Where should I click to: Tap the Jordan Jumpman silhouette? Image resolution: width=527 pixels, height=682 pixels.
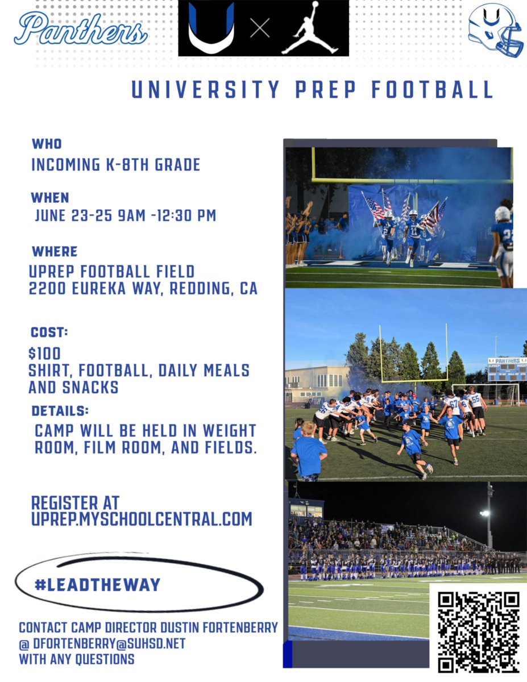point(310,28)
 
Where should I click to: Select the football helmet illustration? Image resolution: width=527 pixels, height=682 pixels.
point(495,30)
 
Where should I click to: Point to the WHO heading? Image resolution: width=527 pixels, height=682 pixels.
point(47,144)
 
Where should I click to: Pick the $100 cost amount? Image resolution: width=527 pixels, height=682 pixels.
point(44,354)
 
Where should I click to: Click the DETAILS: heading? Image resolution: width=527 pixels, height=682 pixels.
point(60,410)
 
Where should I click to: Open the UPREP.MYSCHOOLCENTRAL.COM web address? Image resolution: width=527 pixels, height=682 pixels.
point(142,519)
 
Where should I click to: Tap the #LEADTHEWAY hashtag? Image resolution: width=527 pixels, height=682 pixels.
point(98,584)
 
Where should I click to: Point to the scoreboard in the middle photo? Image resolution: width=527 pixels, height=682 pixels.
point(506,369)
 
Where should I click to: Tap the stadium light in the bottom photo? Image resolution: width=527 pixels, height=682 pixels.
point(485,513)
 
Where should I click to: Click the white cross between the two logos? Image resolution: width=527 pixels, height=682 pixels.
point(260,28)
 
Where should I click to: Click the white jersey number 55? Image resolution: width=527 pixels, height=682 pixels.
point(475,398)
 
